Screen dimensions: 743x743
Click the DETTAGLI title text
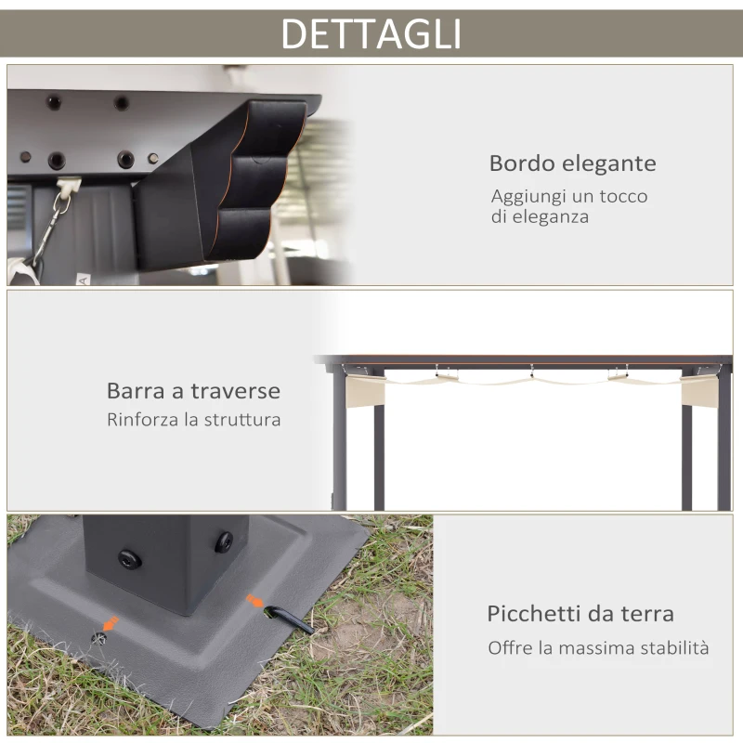[x=371, y=33]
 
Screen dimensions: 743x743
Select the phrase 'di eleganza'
[x=540, y=216]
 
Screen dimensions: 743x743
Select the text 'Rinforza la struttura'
[x=193, y=420]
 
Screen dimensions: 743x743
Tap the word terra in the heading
[x=645, y=614]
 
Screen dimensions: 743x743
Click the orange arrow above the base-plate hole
[x=111, y=622]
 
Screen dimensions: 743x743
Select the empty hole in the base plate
[x=98, y=638]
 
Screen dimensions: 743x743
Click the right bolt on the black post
[x=223, y=542]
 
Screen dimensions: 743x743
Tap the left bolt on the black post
[x=129, y=558]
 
